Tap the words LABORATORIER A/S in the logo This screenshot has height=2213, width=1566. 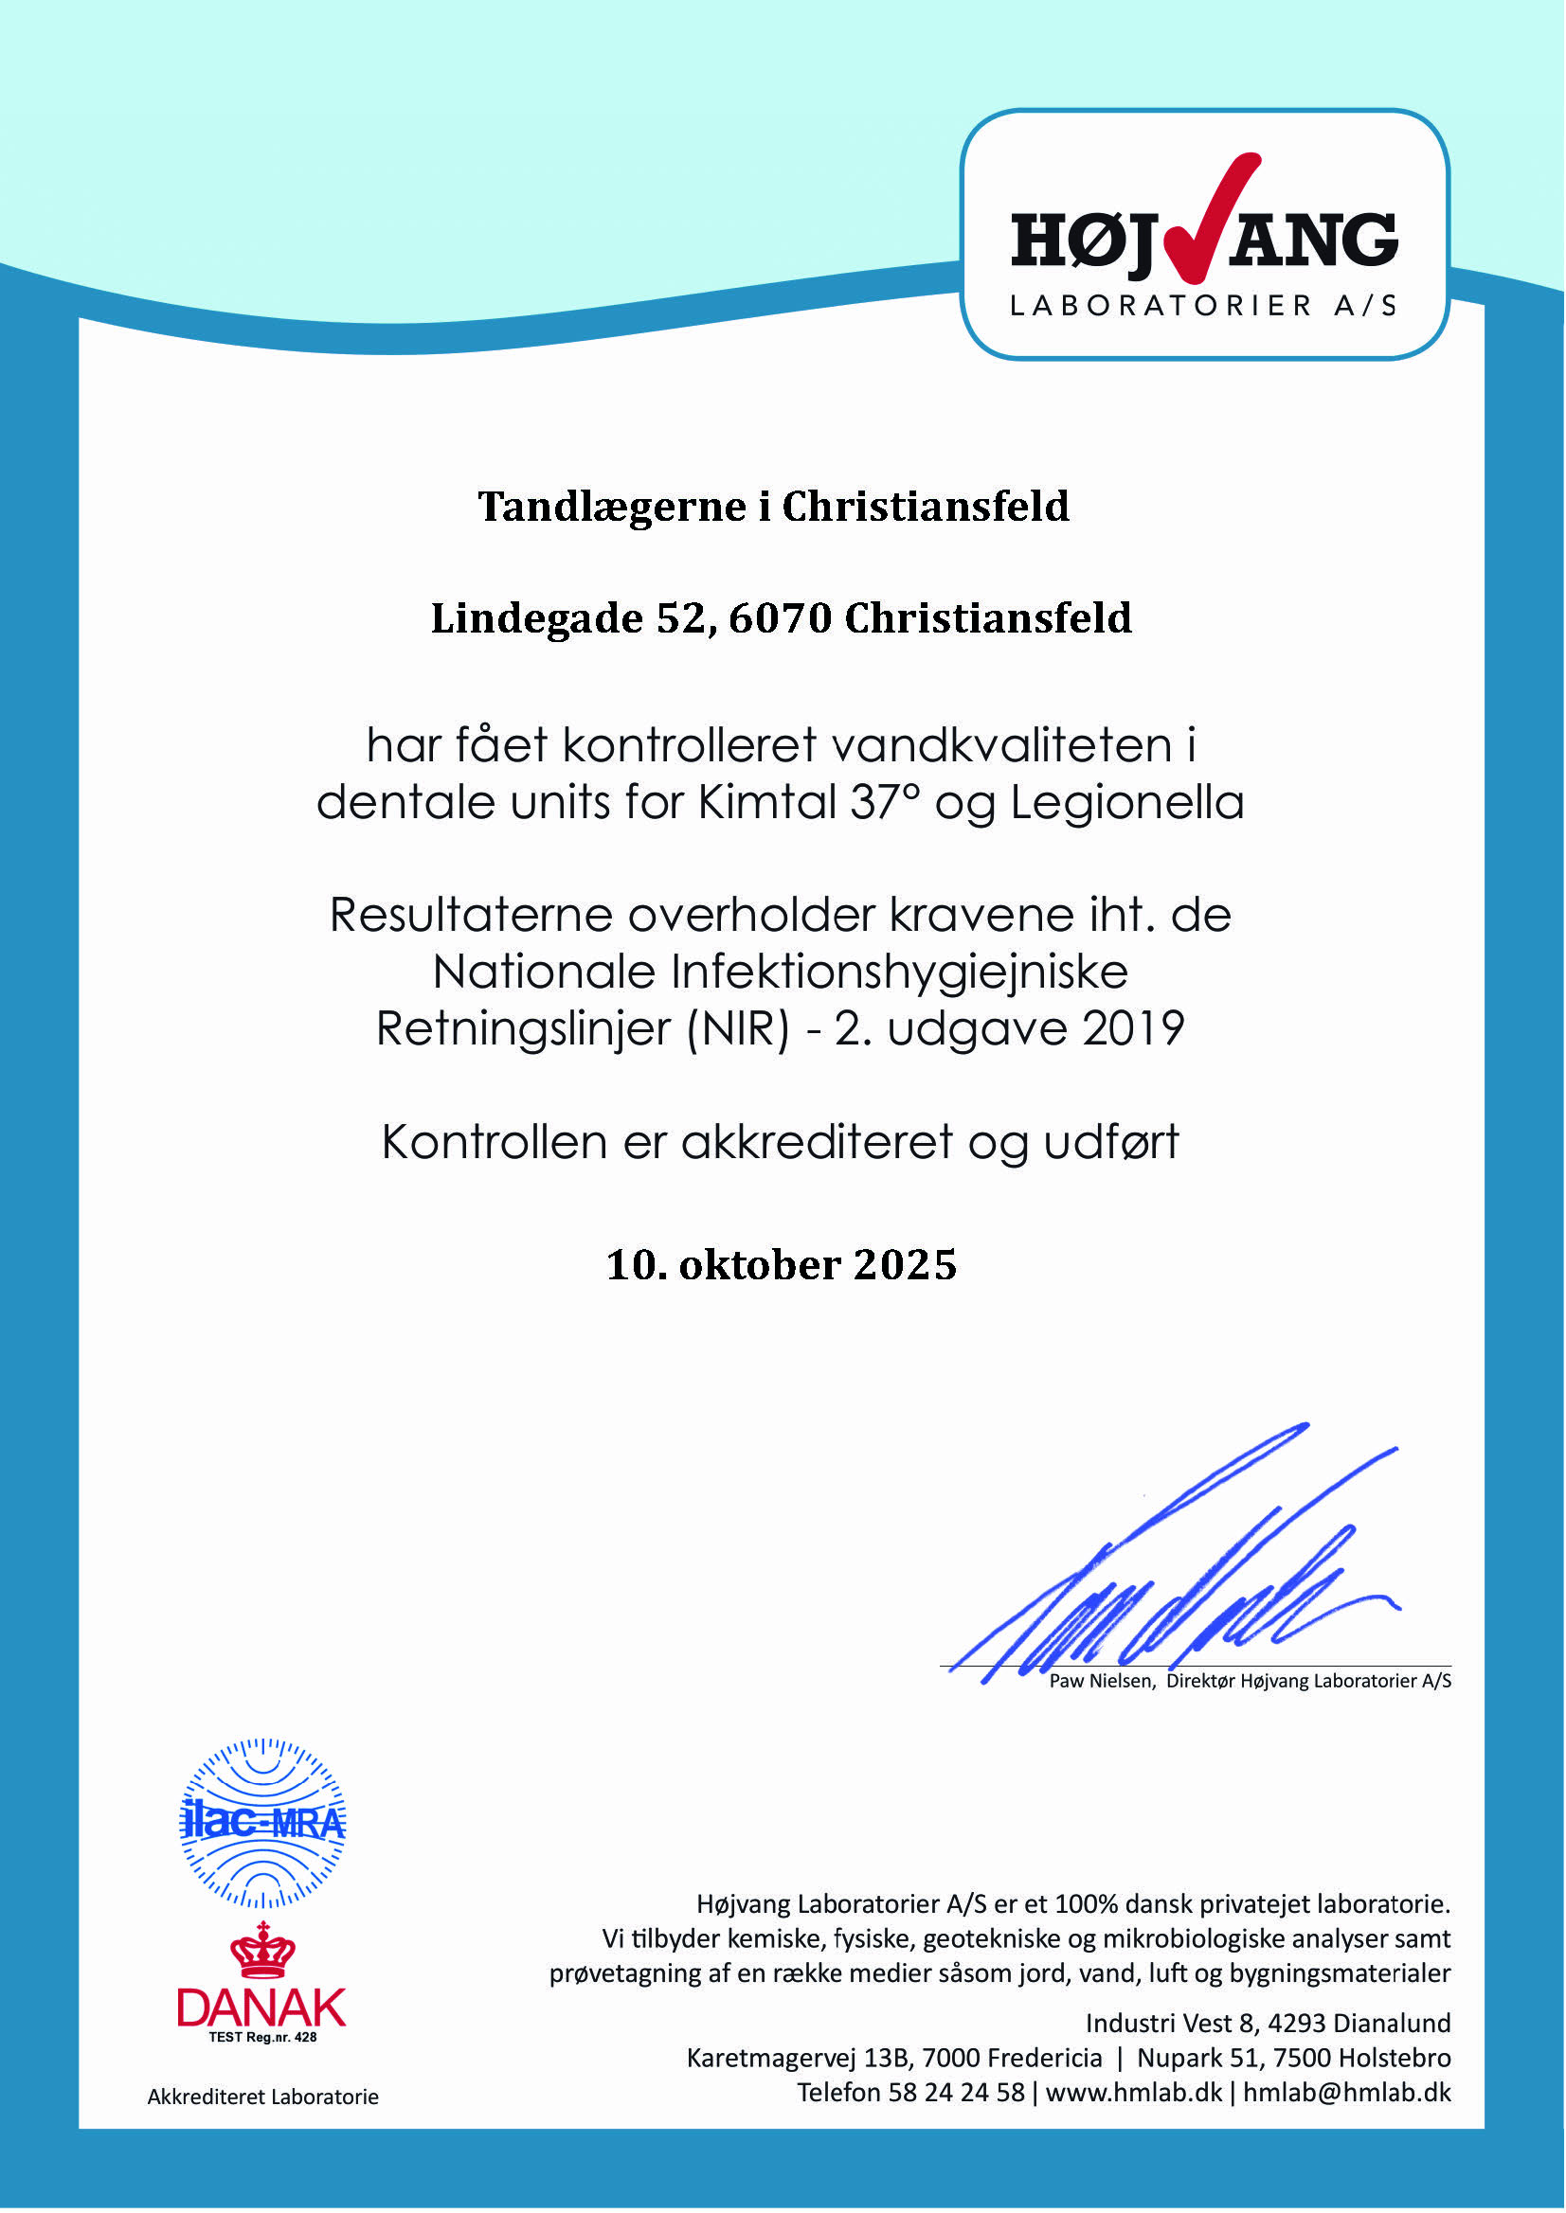tap(1203, 307)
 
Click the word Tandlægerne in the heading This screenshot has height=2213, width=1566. tap(612, 507)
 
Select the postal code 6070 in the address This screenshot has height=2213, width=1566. tap(779, 618)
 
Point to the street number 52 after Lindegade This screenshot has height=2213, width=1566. tap(681, 618)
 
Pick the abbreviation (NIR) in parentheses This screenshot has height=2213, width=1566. tap(738, 1029)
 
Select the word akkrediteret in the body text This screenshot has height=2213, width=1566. tap(818, 1142)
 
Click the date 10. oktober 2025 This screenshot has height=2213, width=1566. tap(782, 1264)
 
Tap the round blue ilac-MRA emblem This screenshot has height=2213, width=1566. tap(263, 1824)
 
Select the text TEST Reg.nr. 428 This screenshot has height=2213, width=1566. tap(262, 2037)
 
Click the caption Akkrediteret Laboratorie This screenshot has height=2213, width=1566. tap(262, 2097)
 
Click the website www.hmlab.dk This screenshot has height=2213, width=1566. tap(1133, 2093)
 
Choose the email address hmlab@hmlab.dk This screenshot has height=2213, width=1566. tap(1346, 2093)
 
